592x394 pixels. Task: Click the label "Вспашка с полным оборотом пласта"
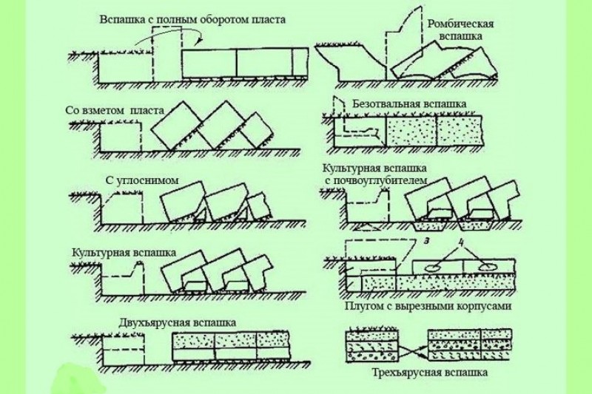click(x=192, y=18)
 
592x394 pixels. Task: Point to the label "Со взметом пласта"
click(x=115, y=111)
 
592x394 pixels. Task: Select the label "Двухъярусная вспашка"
click(x=178, y=322)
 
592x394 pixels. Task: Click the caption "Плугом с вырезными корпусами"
click(x=428, y=305)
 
